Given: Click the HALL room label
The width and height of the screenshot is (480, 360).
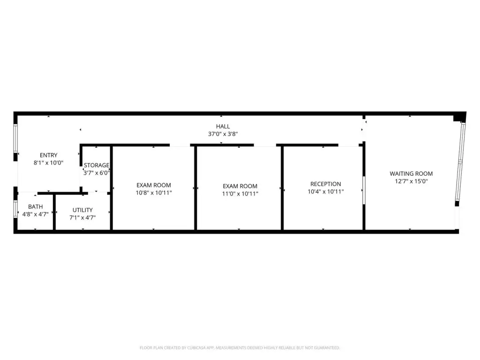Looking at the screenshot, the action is point(223,127).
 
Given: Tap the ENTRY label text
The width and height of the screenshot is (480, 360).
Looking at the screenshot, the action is point(48,155).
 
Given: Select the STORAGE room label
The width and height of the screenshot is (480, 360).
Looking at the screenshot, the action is point(97,165).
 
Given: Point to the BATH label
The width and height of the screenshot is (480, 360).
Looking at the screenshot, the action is point(36,207).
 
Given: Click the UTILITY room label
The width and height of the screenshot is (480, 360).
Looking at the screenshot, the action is point(82,210).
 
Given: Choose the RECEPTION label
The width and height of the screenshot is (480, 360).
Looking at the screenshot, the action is point(326,184).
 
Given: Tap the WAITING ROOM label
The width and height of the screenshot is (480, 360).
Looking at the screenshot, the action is point(411,173).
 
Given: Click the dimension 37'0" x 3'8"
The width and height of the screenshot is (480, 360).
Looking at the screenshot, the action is point(223,134).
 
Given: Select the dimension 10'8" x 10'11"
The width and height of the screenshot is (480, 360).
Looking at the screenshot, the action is point(154,193).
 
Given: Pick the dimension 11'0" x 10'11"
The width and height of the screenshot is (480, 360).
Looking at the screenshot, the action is point(240,194).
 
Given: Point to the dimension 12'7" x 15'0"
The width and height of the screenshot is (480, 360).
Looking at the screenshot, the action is point(411,181).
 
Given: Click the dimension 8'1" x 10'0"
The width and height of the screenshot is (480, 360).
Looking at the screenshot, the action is point(48,163).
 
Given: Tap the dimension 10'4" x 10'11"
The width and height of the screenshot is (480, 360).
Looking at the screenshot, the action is point(326,192).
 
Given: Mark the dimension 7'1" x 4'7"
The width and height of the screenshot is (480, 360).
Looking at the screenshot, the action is point(82,217).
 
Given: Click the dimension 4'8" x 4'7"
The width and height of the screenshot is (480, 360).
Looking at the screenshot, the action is point(36,214).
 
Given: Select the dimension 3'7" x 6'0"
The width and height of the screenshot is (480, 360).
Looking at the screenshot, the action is point(97,173).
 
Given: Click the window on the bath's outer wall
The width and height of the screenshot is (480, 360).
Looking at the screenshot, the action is point(15,209).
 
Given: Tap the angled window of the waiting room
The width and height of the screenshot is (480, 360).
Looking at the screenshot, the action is point(460,161).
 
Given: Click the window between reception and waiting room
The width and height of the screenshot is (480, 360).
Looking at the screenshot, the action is point(364,190).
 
